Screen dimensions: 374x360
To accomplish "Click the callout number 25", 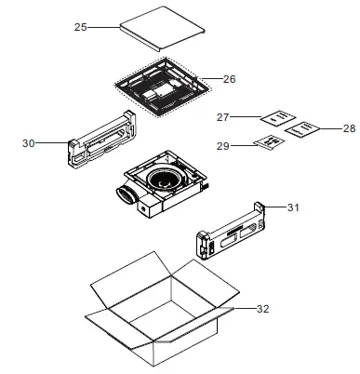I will (x=80, y=28).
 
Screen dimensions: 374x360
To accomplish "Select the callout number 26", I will (x=229, y=79).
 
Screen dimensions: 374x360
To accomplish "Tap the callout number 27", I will (x=222, y=117).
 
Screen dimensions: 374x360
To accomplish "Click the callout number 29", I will (x=222, y=146).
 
